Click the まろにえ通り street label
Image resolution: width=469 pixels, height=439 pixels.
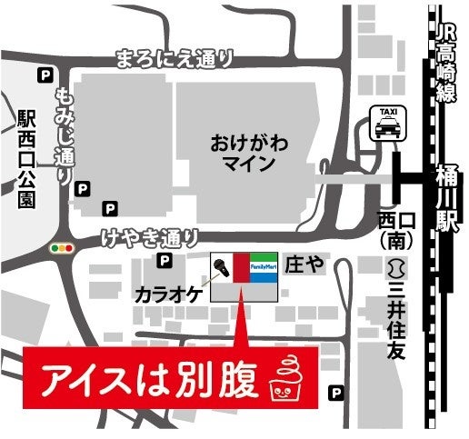coord(174,60)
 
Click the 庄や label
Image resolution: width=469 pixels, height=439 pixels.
coord(305,263)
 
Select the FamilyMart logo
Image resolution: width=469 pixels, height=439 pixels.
coord(264,266)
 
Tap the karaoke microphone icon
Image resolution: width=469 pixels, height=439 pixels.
coord(221,267)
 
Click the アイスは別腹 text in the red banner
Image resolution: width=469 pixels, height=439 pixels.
coord(151,375)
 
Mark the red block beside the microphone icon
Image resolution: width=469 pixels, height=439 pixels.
coord(242,266)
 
